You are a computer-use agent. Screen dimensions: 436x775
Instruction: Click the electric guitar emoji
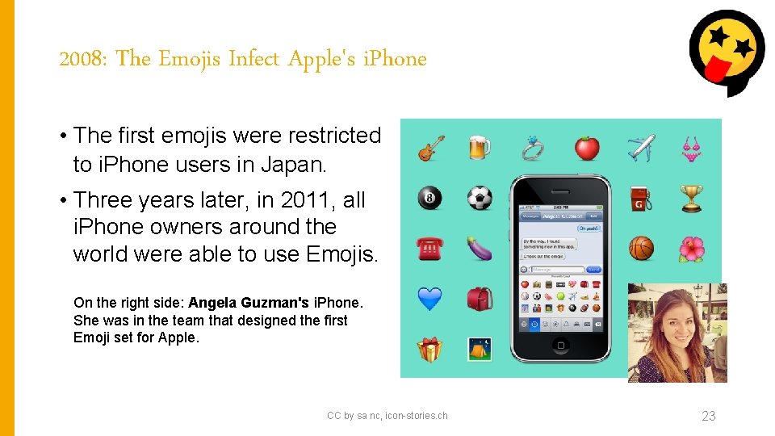430,148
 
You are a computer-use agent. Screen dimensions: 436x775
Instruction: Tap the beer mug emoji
480,148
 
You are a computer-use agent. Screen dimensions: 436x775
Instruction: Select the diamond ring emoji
532,148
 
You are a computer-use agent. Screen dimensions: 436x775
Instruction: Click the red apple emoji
587,148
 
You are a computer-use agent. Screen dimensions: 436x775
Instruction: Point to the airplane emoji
641,148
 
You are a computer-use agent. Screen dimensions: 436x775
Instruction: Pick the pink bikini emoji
692,148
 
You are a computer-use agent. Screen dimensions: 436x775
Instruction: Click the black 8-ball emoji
429,198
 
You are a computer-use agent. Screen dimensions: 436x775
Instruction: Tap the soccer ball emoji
480,198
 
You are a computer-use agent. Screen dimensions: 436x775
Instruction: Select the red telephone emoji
429,248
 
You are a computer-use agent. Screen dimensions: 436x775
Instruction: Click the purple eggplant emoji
480,248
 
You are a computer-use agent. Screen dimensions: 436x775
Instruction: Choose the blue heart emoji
429,299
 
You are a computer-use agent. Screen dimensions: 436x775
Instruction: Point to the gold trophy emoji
692,198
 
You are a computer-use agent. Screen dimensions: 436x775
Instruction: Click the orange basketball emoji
641,248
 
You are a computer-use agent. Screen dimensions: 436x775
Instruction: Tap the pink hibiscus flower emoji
692,248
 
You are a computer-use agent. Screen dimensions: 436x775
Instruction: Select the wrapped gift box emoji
429,349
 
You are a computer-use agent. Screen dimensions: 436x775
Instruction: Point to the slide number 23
708,417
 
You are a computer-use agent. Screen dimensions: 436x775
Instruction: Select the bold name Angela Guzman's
249,303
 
